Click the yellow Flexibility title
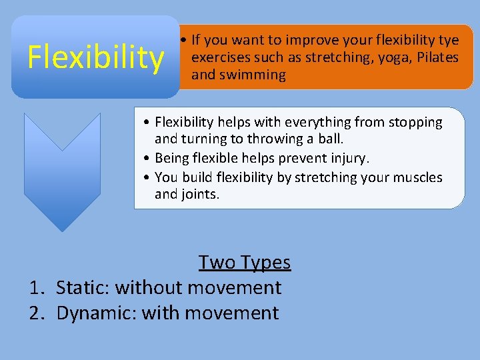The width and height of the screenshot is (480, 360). [x=95, y=58]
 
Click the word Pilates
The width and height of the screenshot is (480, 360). [x=438, y=58]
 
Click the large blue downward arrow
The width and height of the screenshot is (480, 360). [x=62, y=170]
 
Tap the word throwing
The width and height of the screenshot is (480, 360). [x=273, y=139]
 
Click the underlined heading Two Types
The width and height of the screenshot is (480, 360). [x=245, y=263]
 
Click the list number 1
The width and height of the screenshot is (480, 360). [x=36, y=288]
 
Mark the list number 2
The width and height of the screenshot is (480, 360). [x=36, y=313]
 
